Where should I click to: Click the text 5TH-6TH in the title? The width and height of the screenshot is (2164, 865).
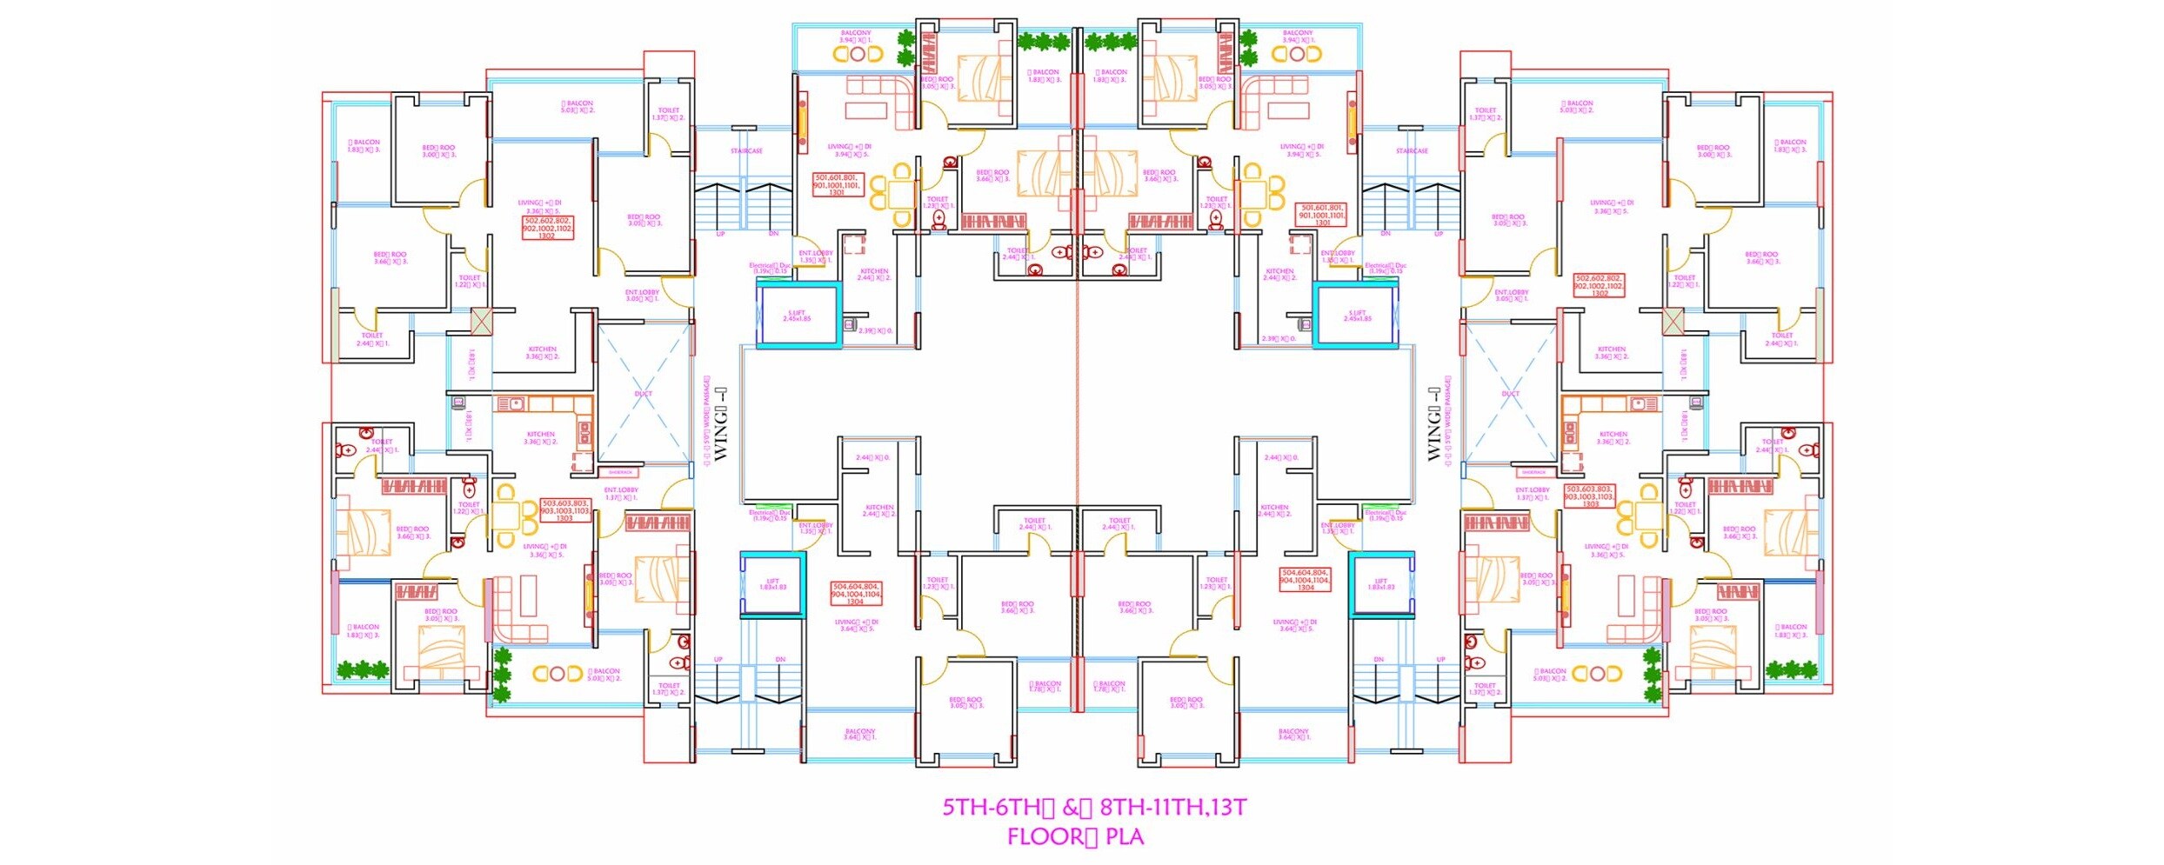(x=991, y=808)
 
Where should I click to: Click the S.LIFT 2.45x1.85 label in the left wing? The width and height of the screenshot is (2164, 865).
(x=797, y=316)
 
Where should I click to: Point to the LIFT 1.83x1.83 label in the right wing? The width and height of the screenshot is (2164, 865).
(x=1381, y=584)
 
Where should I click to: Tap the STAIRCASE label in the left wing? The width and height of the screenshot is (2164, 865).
(x=746, y=151)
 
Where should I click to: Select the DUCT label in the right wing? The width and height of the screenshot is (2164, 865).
(x=1511, y=394)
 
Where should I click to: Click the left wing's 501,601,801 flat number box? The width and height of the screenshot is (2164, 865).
(x=837, y=184)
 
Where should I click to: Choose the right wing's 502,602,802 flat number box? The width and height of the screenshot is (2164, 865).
(x=1599, y=286)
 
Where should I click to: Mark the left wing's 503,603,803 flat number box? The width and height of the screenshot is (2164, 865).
(x=565, y=510)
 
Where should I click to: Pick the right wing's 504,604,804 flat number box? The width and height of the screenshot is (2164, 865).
(x=1305, y=580)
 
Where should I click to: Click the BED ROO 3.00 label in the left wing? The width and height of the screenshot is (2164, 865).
(x=438, y=151)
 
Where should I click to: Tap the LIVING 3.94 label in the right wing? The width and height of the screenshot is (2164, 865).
(x=1301, y=150)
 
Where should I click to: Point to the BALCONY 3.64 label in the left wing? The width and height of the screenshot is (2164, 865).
(x=859, y=735)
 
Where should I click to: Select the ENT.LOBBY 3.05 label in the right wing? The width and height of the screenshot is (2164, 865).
(x=1512, y=296)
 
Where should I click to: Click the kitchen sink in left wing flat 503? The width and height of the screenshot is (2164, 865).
(x=516, y=403)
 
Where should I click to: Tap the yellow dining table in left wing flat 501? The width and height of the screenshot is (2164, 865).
(x=902, y=193)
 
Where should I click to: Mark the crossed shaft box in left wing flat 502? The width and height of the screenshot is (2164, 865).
(x=481, y=321)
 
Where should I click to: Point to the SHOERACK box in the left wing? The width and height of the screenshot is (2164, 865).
(x=620, y=472)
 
